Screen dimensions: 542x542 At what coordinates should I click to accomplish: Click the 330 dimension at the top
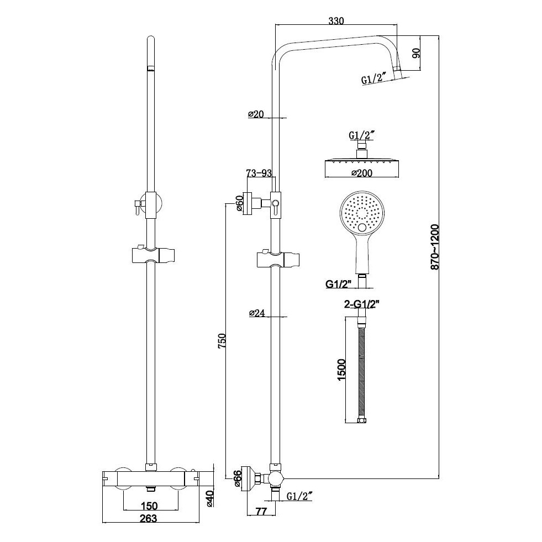pyautogui.click(x=336, y=21)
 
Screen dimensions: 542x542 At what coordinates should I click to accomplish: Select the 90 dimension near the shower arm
pyautogui.click(x=417, y=54)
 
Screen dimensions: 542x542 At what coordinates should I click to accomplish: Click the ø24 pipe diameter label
pyautogui.click(x=257, y=313)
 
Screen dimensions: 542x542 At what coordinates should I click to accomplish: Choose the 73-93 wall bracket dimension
pyautogui.click(x=259, y=173)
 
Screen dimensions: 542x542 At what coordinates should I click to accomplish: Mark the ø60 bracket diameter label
pyautogui.click(x=240, y=203)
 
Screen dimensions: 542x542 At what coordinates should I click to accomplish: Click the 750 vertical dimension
pyautogui.click(x=222, y=340)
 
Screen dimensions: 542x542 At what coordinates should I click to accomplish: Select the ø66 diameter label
pyautogui.click(x=238, y=478)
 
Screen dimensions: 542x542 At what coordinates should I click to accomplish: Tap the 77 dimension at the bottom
pyautogui.click(x=262, y=512)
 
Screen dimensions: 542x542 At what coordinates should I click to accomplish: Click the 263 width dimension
pyautogui.click(x=148, y=518)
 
